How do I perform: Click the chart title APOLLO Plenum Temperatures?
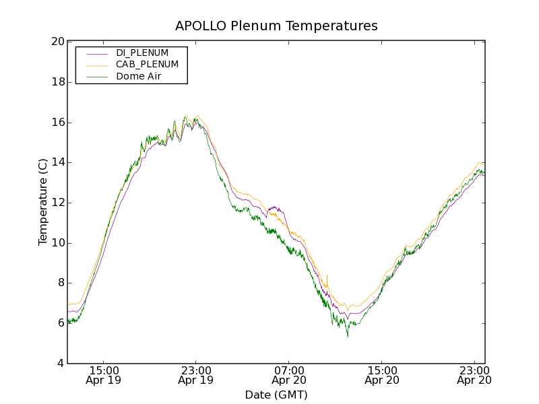point(276,26)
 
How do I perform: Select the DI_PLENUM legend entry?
point(142,53)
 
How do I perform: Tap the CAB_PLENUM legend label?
point(147,65)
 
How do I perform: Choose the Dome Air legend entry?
point(139,77)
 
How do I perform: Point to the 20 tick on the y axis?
point(58,42)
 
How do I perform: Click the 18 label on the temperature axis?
point(58,82)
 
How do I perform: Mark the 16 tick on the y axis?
point(58,123)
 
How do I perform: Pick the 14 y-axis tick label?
point(58,162)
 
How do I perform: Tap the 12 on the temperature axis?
point(58,203)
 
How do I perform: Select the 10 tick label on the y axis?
point(58,243)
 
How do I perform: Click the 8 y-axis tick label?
point(61,283)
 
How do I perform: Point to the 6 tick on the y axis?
point(61,323)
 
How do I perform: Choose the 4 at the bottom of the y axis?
point(61,364)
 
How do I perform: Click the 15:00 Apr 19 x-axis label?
point(104,375)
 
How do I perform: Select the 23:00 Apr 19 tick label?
point(196,375)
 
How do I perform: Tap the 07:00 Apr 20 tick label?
point(288,375)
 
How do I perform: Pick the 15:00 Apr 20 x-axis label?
point(381,375)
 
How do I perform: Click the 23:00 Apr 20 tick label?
point(474,375)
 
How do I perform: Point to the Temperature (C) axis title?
point(43,202)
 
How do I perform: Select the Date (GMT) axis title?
point(276,395)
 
